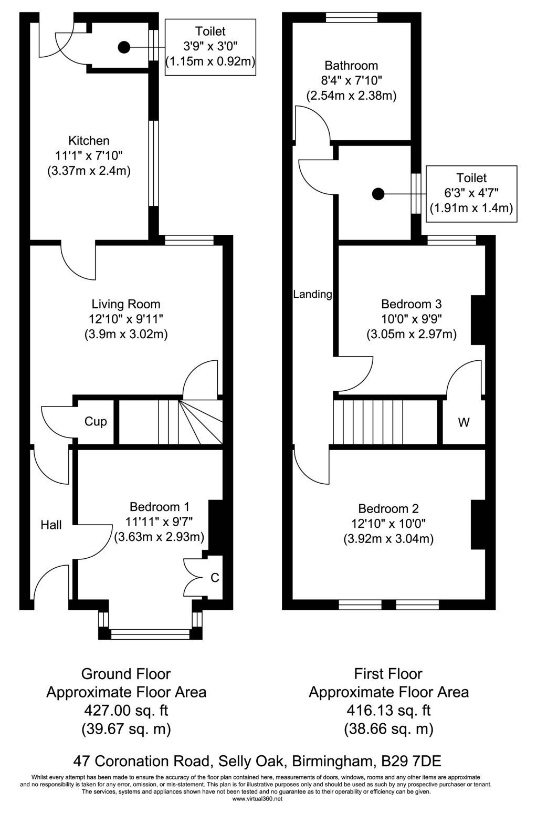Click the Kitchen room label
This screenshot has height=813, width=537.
(89, 140)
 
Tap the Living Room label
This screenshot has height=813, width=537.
(125, 304)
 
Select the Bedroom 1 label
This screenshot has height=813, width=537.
(159, 507)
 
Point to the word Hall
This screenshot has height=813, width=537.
(51, 525)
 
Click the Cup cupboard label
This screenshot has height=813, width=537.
(96, 422)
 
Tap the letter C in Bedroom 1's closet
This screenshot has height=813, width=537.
(215, 577)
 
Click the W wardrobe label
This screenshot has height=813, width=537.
(464, 422)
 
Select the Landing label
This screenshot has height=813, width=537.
(313, 294)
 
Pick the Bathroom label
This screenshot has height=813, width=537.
(351, 66)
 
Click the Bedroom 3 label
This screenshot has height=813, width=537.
(412, 304)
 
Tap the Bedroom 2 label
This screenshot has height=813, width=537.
(388, 508)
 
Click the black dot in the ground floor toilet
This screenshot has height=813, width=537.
(124, 47)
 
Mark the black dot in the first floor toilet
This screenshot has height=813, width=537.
(378, 194)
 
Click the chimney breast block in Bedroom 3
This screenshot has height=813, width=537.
(478, 320)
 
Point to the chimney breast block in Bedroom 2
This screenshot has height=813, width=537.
(478, 525)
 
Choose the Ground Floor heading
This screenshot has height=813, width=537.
(126, 674)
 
